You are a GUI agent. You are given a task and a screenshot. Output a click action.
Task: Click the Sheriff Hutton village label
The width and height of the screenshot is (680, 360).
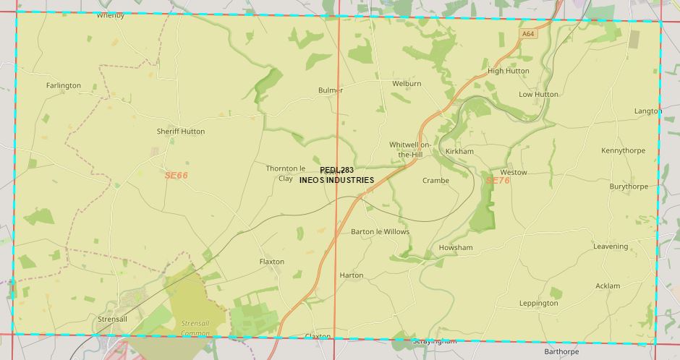(x=181, y=132)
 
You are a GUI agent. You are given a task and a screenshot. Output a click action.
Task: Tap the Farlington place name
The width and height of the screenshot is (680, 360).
(x=64, y=85)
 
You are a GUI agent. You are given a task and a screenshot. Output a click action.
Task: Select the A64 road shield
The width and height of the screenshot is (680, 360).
(x=527, y=33)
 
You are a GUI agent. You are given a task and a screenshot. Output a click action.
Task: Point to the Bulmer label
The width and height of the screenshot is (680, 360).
(x=331, y=90)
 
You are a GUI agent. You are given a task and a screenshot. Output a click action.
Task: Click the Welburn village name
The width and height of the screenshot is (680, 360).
(x=407, y=84)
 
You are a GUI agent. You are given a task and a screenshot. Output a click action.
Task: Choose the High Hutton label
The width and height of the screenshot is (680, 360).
(x=509, y=71)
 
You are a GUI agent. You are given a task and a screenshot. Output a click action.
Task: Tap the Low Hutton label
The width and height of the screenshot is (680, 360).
(x=539, y=95)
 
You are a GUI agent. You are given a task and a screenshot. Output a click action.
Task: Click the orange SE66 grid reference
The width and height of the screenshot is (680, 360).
(x=176, y=175)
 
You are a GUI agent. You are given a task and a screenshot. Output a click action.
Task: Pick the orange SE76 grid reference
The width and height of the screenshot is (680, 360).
(x=498, y=180)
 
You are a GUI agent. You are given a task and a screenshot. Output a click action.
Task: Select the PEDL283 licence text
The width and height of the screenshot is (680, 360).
(x=336, y=170)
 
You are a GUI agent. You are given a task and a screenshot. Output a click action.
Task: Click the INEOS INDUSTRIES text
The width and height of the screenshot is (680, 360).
(x=336, y=180)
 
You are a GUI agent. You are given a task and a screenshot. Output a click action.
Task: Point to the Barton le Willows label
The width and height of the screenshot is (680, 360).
(x=380, y=232)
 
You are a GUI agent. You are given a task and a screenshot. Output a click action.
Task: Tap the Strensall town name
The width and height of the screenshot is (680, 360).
(x=112, y=319)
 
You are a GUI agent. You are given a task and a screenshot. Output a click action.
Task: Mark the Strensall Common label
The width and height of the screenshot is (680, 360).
(x=195, y=328)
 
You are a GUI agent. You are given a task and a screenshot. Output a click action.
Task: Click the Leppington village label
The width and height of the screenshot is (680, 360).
(x=539, y=304)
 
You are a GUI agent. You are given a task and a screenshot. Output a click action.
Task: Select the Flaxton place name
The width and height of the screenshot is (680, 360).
(x=272, y=262)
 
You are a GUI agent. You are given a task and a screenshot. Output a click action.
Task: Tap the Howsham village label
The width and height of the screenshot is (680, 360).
(x=456, y=248)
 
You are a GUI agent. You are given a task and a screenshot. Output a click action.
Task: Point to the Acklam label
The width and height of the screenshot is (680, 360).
(x=608, y=286)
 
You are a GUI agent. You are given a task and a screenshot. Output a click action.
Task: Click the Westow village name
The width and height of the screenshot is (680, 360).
(x=514, y=173)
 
